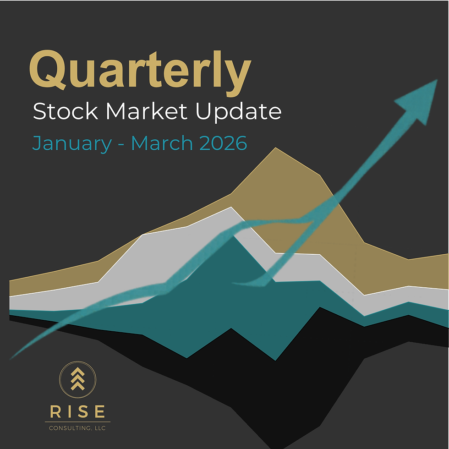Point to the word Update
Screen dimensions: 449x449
pos(238,112)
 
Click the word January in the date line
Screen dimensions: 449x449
pos(71,143)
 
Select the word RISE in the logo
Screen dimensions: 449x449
pos(77,411)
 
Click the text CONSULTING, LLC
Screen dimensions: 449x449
pos(77,428)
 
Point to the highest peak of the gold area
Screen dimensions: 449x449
pos(275,148)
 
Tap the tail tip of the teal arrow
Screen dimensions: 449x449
pos(11,357)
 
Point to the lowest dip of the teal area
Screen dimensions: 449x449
pos(275,360)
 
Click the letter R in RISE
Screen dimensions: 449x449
pos(55,411)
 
